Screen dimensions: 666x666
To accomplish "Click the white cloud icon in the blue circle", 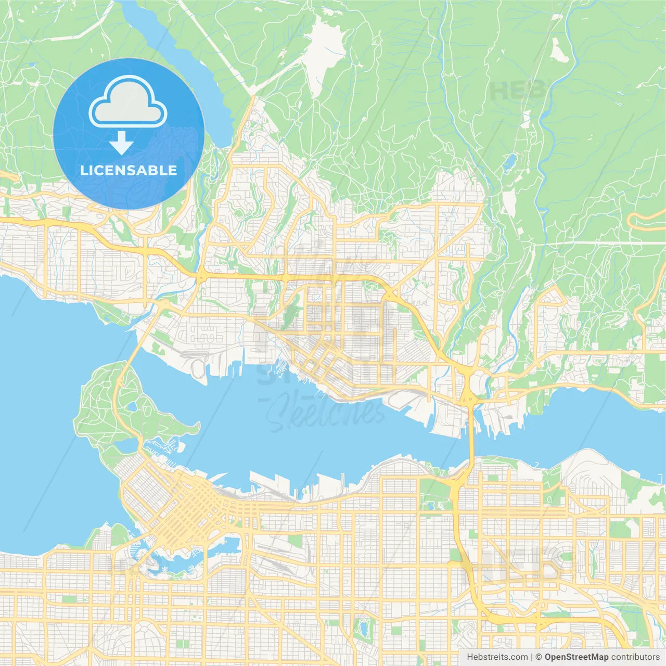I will [x=128, y=103].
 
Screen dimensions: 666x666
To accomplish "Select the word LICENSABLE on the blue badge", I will [x=129, y=170].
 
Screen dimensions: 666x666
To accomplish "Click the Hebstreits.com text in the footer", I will [x=497, y=657].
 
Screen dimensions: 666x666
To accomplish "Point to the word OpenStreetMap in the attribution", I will [x=576, y=657].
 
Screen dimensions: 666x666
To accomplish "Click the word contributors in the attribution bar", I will [x=635, y=657].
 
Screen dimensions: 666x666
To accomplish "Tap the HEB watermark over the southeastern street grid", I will [x=526, y=565].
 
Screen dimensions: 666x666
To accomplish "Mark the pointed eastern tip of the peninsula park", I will [x=198, y=427].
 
